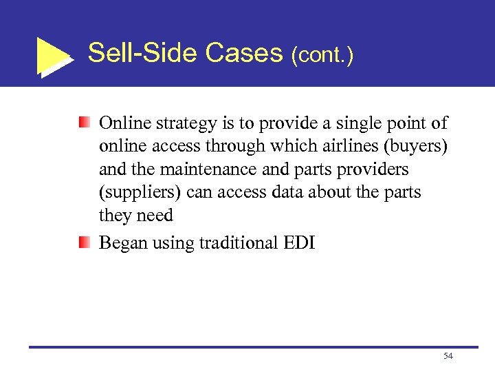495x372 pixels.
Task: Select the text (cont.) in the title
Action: point(322,54)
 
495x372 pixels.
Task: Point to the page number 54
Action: point(448,356)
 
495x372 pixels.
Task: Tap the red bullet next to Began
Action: point(84,242)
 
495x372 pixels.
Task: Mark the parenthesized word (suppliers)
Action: point(140,193)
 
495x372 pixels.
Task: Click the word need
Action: point(155,216)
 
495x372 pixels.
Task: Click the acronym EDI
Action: point(299,242)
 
